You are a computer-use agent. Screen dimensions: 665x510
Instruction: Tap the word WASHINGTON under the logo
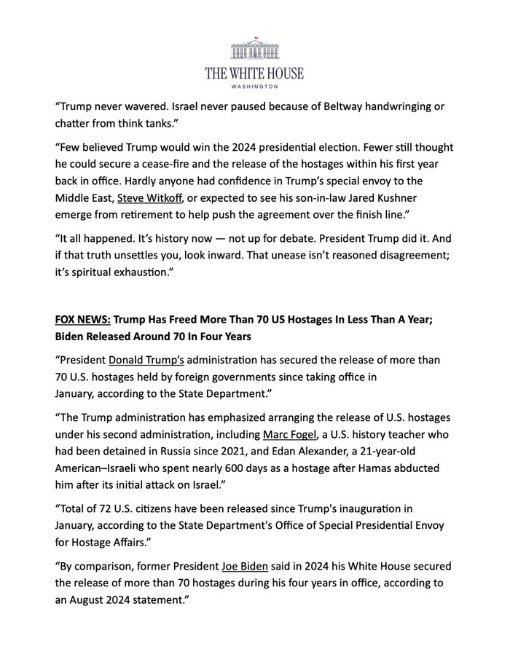coord(254,87)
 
